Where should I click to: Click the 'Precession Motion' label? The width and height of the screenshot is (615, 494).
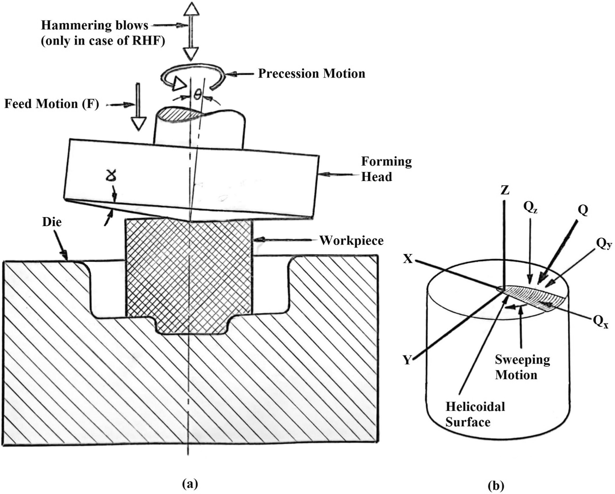311,74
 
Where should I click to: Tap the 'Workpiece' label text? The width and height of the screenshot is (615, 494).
351,240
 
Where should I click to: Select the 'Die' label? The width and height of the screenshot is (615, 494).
52,222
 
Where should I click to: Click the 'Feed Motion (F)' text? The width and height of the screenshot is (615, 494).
52,104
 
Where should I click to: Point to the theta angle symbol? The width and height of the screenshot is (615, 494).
197,95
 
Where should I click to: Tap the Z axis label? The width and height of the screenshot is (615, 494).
505,190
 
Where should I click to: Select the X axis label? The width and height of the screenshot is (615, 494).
408,259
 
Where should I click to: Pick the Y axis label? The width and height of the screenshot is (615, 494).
407,360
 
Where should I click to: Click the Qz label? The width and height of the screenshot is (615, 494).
530,208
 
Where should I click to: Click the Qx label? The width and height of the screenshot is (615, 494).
600,321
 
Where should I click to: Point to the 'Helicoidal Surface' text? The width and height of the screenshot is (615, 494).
475,414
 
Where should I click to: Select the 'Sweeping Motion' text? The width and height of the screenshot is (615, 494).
522,367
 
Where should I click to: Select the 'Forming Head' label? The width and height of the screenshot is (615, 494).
386,169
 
